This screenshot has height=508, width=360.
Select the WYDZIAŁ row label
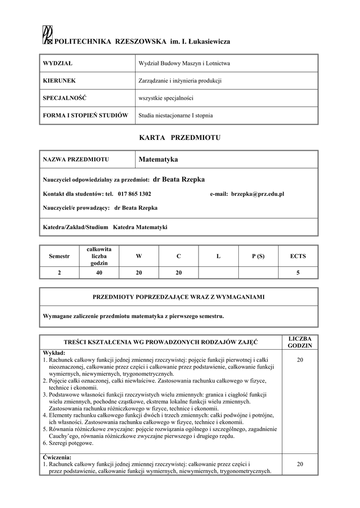point(58,63)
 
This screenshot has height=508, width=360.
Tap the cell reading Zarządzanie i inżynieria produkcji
point(179,80)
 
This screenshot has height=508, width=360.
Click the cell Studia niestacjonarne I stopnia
point(175,115)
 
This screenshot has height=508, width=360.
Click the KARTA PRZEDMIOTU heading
point(180,137)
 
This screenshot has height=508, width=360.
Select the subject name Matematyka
point(158,160)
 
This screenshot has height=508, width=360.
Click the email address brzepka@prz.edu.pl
point(257,194)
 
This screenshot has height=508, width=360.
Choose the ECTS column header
point(298,256)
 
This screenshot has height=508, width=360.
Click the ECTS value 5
point(298,272)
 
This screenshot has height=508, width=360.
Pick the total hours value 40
point(99,272)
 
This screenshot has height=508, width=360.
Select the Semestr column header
point(60,256)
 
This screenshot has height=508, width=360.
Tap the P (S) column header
point(258,256)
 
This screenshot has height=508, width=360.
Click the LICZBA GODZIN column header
point(300,341)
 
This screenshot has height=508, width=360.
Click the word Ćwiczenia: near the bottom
point(57,457)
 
